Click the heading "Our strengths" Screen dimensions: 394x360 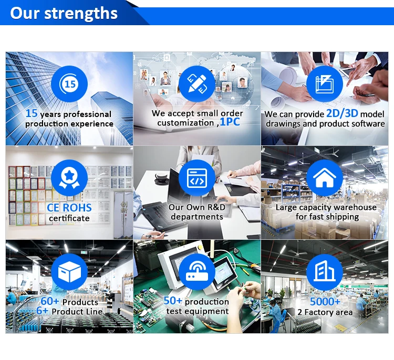(x=64, y=13)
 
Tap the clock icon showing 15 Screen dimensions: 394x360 (x=69, y=84)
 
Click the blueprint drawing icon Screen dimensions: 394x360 (x=325, y=84)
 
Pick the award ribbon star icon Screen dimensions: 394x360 (x=69, y=178)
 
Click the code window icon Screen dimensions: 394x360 (x=197, y=178)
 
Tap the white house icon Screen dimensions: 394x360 (x=325, y=178)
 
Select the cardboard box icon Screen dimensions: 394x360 (x=69, y=272)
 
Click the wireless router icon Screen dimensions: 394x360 (x=197, y=272)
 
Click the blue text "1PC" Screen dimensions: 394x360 (x=230, y=122)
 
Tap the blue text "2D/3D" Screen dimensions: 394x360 (x=342, y=113)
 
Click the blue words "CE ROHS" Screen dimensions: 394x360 (x=69, y=208)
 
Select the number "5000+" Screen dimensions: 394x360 (x=325, y=302)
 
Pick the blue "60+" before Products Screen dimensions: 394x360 (x=50, y=301)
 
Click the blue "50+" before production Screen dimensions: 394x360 (x=173, y=301)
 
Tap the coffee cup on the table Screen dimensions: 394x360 (x=161, y=177)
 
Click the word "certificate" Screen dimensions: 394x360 (x=69, y=218)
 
